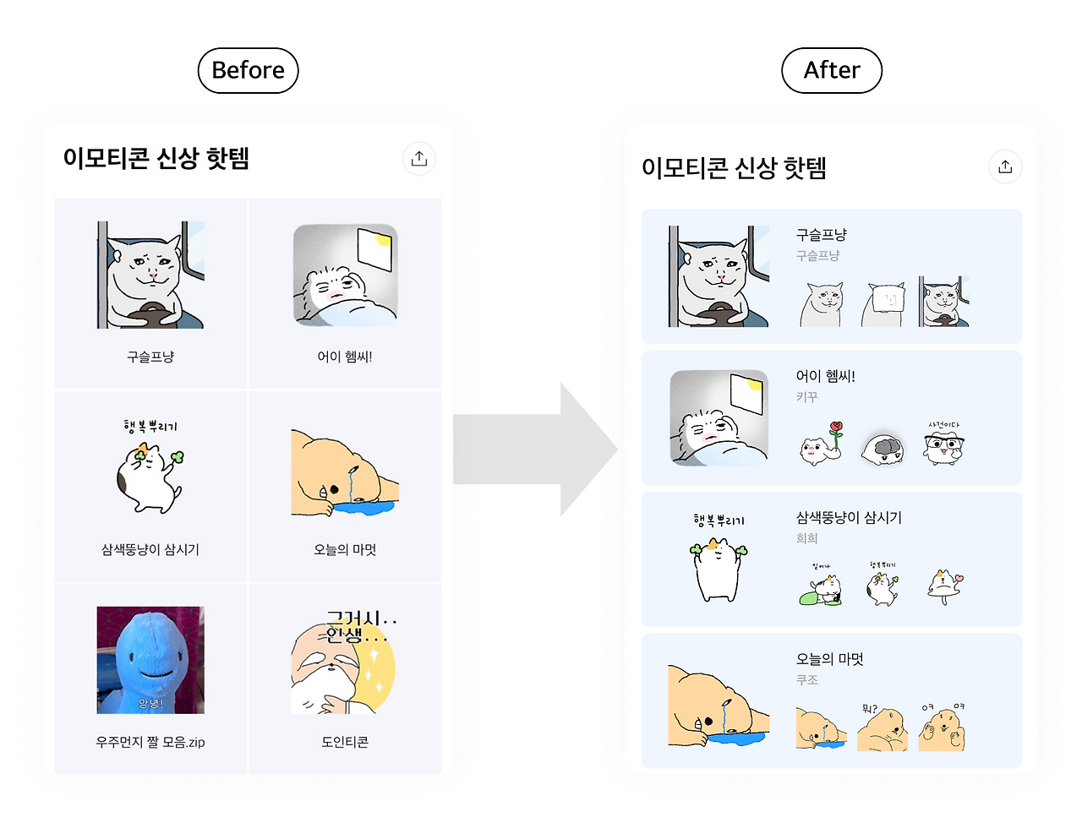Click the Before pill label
(x=248, y=70)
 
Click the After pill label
(x=832, y=70)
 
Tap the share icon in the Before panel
(x=419, y=159)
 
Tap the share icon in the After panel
(x=1005, y=166)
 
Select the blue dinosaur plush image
(x=150, y=660)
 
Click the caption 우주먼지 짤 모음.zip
(x=150, y=742)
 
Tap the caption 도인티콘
(x=345, y=742)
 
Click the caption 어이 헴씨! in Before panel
(x=345, y=357)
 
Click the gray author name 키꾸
(x=806, y=396)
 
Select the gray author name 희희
(x=806, y=538)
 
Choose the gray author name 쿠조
(x=806, y=679)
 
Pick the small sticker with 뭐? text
(x=883, y=727)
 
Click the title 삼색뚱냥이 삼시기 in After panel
(x=849, y=517)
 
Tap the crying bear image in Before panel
(x=345, y=473)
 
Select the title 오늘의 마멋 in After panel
(x=829, y=659)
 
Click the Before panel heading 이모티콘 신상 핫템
(x=156, y=158)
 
